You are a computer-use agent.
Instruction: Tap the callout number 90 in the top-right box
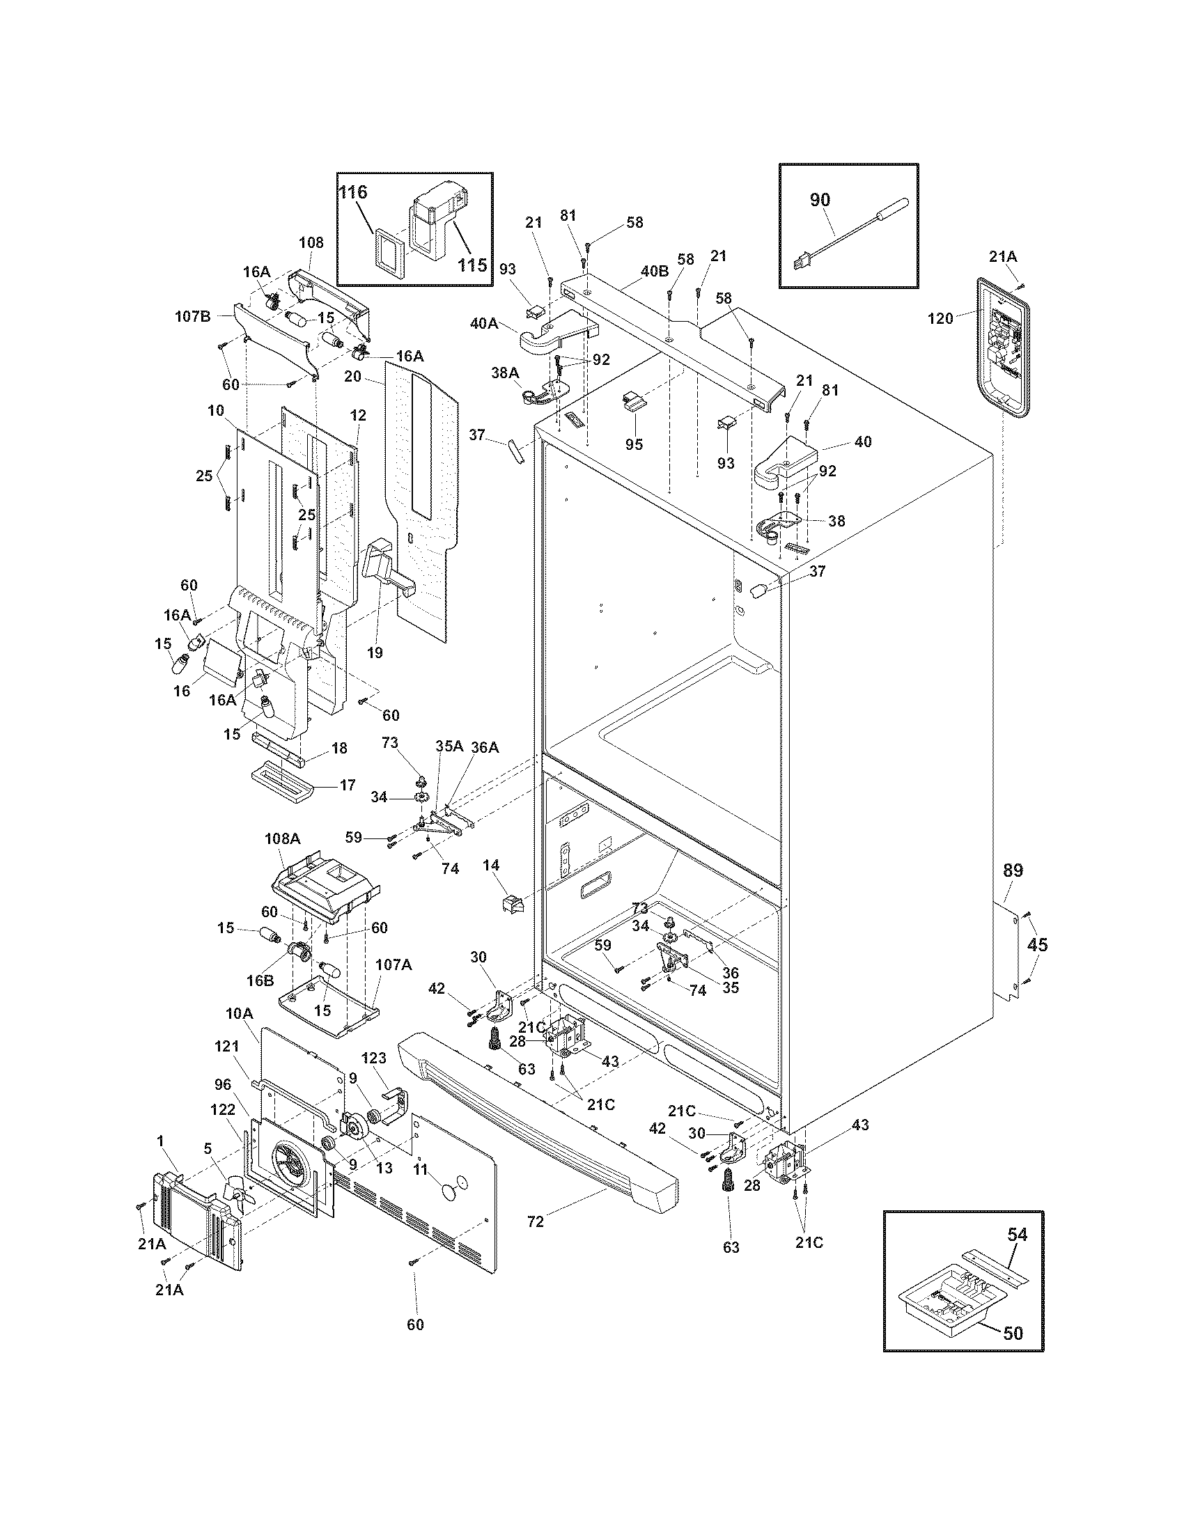819,199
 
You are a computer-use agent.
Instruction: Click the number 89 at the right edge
1013,870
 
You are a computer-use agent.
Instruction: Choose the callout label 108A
282,838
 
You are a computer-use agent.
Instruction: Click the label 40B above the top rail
654,270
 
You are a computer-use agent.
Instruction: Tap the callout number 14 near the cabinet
491,866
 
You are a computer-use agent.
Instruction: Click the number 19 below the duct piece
375,652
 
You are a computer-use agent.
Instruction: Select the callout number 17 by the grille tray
348,785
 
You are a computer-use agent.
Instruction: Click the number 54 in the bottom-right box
1017,1234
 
